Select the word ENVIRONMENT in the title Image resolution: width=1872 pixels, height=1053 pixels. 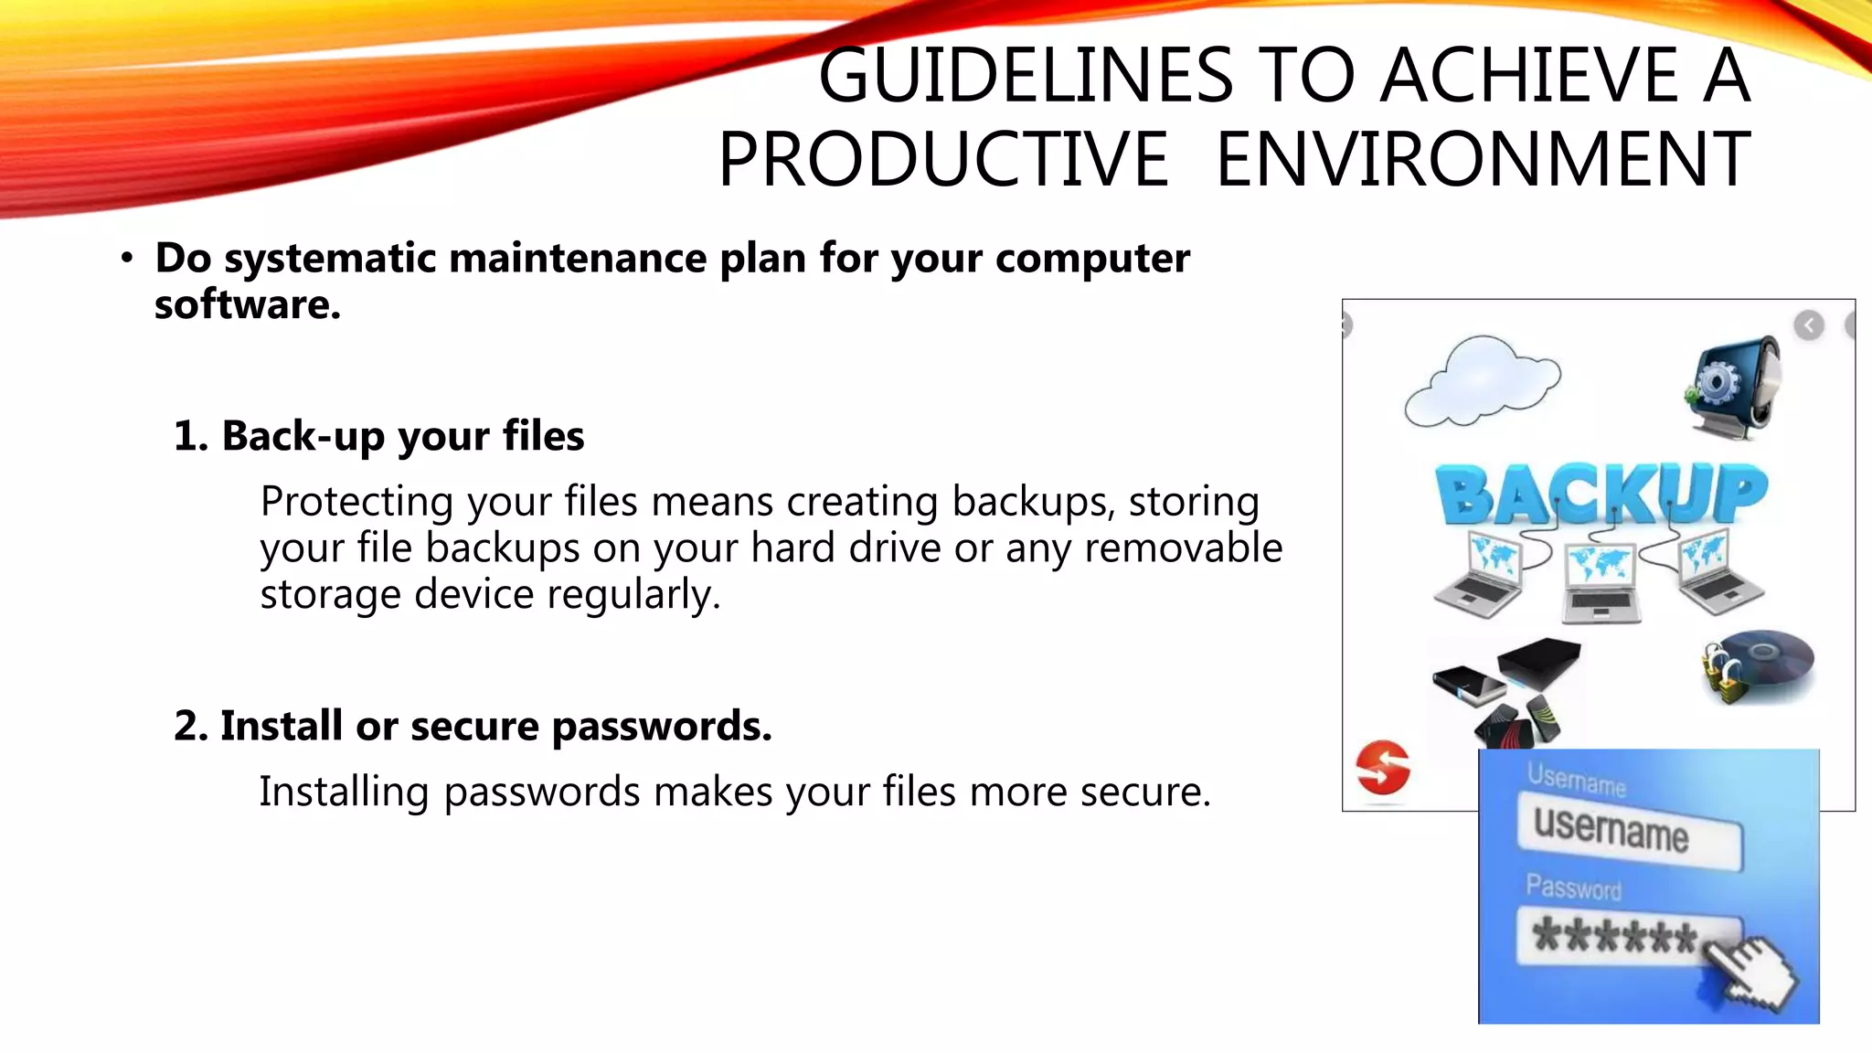click(1483, 160)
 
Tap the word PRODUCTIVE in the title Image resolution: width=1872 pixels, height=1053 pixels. click(943, 160)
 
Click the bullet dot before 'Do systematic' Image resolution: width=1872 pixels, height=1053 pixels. click(127, 259)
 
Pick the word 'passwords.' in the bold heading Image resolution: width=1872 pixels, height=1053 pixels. click(662, 726)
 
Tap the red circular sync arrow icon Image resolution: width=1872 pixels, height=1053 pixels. click(1383, 767)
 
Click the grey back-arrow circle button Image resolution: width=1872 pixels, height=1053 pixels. click(1809, 325)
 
